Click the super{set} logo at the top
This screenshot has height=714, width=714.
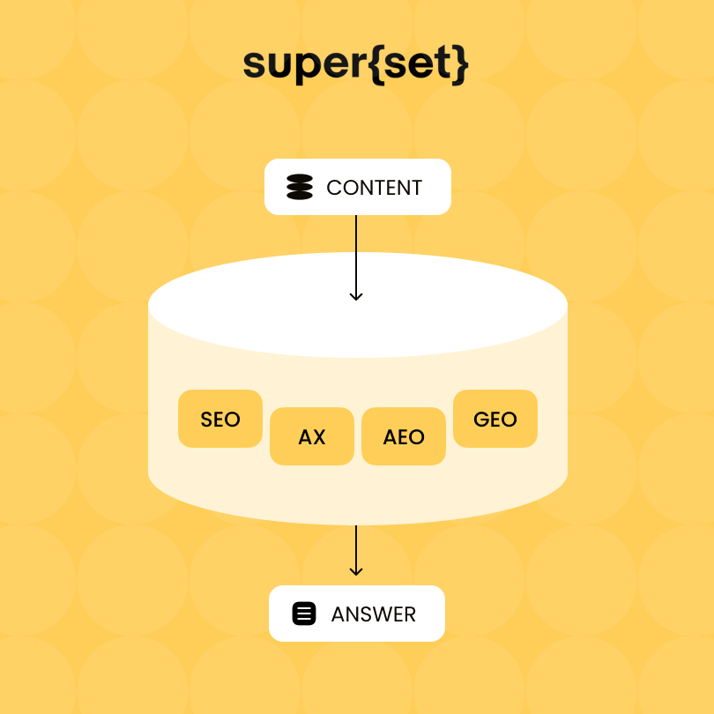[x=355, y=64]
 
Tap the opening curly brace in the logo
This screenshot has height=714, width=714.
[x=376, y=64]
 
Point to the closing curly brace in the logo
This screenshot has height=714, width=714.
[x=460, y=64]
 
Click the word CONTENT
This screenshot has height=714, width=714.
[x=375, y=188]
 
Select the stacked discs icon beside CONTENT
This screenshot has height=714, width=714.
[x=300, y=187]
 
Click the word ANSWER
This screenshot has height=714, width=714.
[x=374, y=614]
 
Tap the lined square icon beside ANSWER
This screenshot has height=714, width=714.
[x=304, y=614]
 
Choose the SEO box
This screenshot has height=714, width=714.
[x=220, y=419]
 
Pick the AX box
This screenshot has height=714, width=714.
[x=312, y=436]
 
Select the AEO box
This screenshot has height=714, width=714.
[x=404, y=436]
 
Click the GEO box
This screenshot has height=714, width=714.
[x=495, y=419]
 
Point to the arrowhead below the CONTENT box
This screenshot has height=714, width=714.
[x=356, y=296]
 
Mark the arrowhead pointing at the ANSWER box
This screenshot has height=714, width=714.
[x=356, y=571]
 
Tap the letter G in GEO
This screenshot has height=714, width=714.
[x=481, y=420]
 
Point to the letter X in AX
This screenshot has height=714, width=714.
[x=319, y=437]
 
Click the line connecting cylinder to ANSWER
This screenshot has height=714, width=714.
[x=356, y=551]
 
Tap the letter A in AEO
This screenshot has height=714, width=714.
[x=390, y=437]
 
